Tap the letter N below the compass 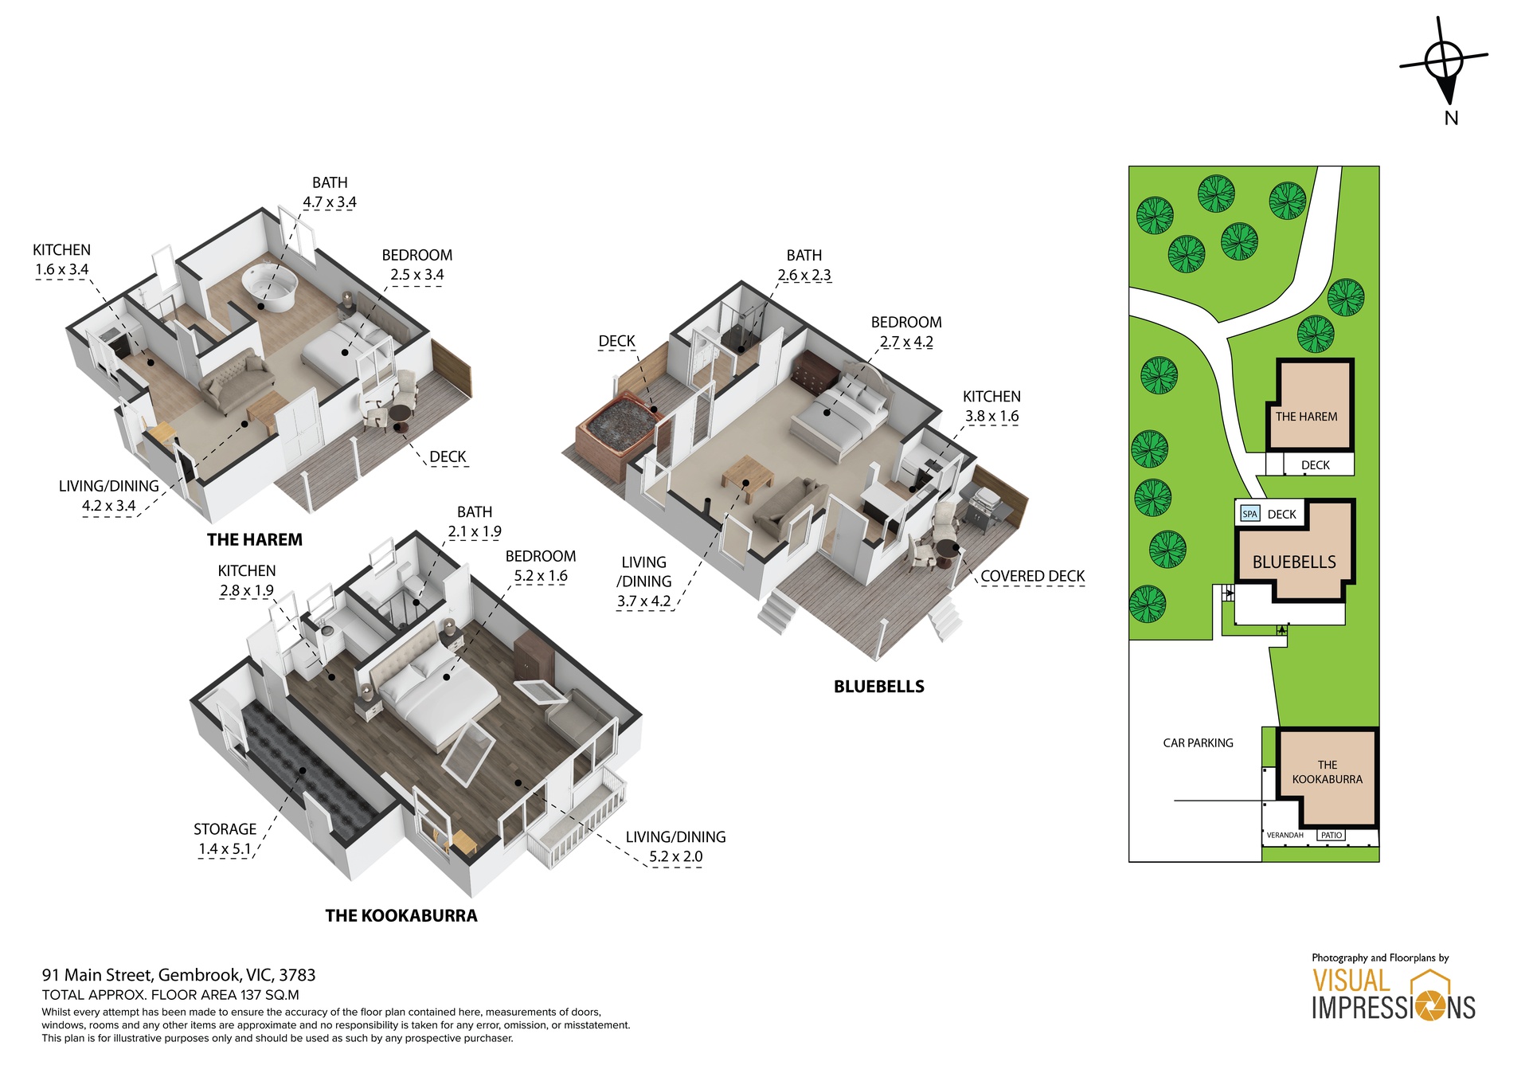tap(1451, 118)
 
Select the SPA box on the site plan tap(1249, 514)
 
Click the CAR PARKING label tap(1198, 742)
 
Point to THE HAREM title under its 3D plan tap(254, 539)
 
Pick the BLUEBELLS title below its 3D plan tap(878, 687)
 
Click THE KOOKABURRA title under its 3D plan tap(401, 915)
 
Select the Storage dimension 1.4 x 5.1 tap(224, 849)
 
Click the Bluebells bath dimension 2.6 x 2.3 tap(804, 275)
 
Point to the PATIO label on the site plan tap(1331, 835)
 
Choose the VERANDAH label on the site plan tap(1285, 835)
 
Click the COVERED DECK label tap(1032, 576)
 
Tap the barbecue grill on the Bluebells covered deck tap(983, 506)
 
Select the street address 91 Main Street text tap(178, 975)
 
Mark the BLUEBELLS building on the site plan tap(1294, 562)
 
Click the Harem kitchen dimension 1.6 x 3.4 tap(61, 269)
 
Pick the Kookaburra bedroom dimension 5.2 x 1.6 tap(540, 576)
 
